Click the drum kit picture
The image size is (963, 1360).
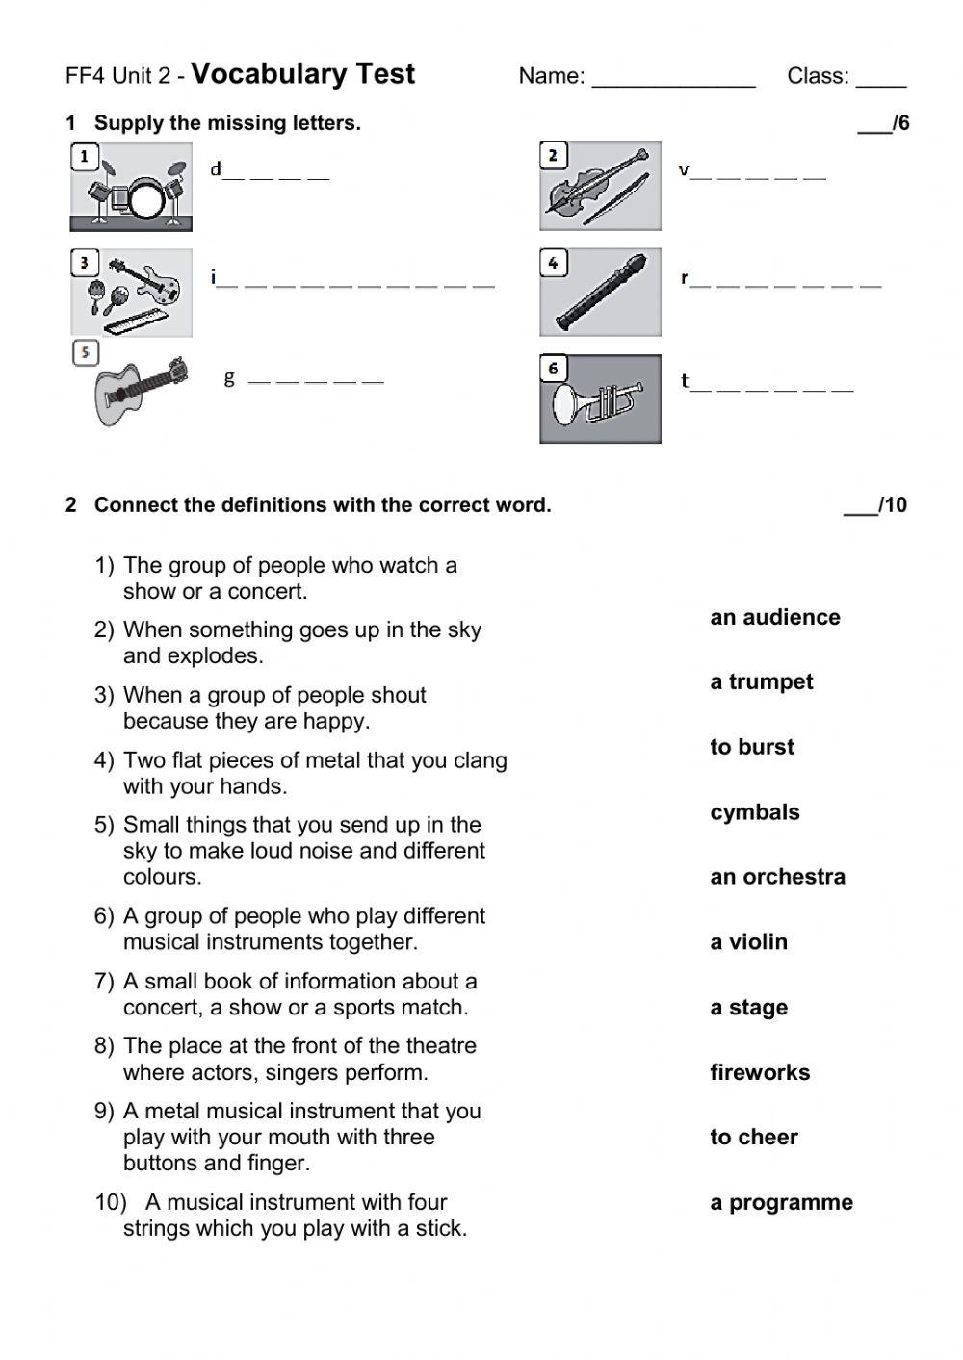131,188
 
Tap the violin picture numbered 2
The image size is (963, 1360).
600,186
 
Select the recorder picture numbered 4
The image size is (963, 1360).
600,293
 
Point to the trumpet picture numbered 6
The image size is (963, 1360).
600,398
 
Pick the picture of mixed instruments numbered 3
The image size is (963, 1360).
131,294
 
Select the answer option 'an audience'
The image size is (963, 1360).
774,617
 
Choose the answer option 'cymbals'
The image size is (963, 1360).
754,812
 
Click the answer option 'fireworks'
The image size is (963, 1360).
760,1072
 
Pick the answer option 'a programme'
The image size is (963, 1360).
781,1202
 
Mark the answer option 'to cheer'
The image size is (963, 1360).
753,1137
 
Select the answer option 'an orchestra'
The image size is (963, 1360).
777,877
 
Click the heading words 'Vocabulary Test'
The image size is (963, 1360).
303,74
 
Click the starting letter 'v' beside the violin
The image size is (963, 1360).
684,170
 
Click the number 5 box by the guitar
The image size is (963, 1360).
86,353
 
